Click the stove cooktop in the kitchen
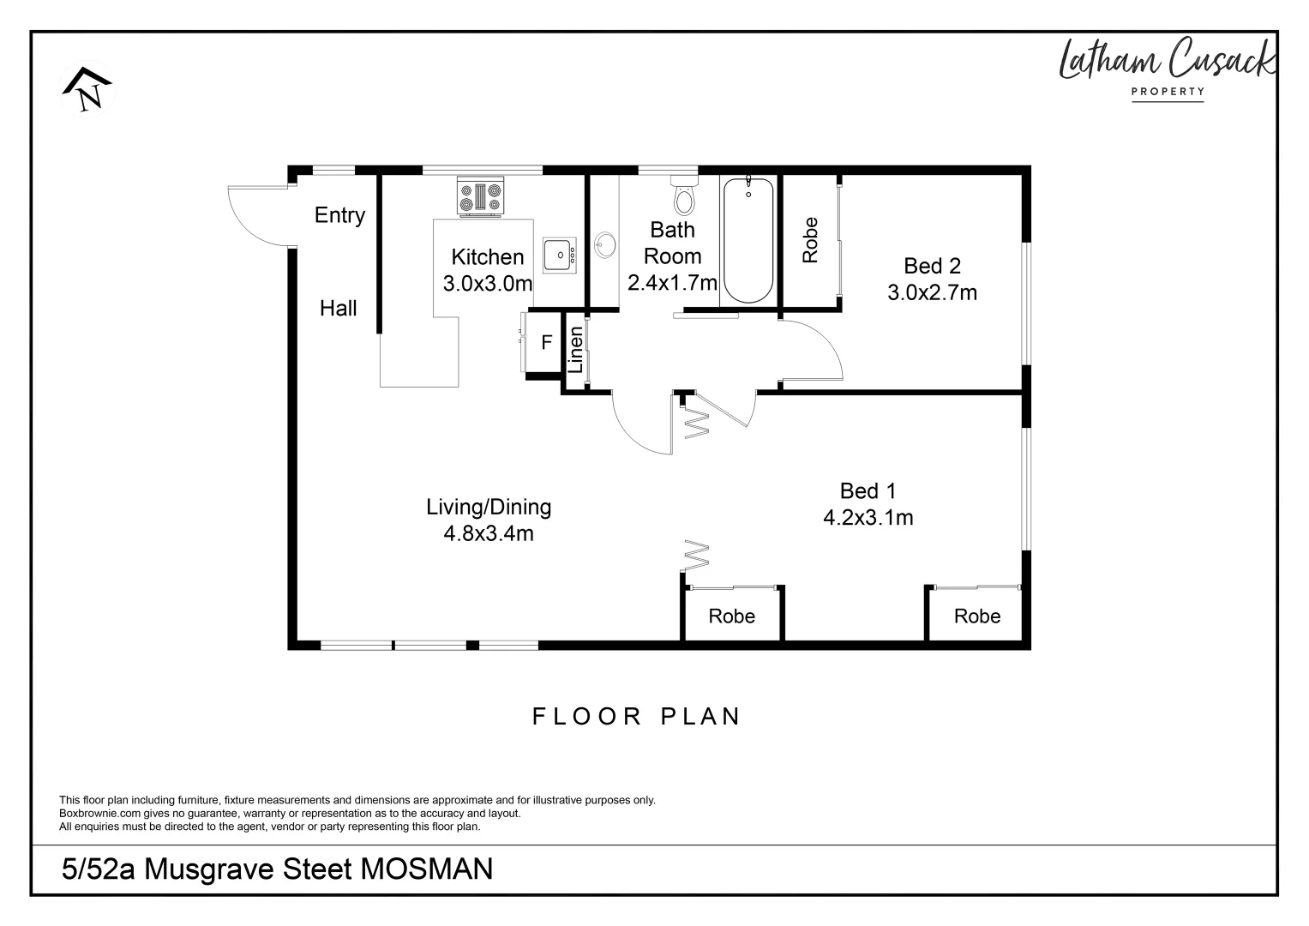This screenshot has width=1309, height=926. tap(481, 196)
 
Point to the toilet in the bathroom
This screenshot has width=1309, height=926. tap(684, 195)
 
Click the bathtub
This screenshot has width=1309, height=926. tap(748, 239)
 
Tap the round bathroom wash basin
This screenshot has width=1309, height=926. tap(605, 245)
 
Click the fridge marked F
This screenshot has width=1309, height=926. tap(546, 343)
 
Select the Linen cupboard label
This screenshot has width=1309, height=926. tap(576, 350)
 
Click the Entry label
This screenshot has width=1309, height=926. tap(339, 215)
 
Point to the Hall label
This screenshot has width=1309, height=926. tap(338, 309)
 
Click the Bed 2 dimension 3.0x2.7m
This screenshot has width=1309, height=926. tap(932, 293)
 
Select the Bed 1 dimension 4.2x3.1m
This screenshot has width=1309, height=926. tap(868, 518)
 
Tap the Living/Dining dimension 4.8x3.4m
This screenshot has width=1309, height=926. tap(488, 534)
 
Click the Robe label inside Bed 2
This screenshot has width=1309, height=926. tap(810, 240)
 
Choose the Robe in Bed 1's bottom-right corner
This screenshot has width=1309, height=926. tap(976, 616)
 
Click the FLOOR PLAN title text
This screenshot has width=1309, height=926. tap(636, 717)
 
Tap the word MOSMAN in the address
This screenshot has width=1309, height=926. tap(426, 869)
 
